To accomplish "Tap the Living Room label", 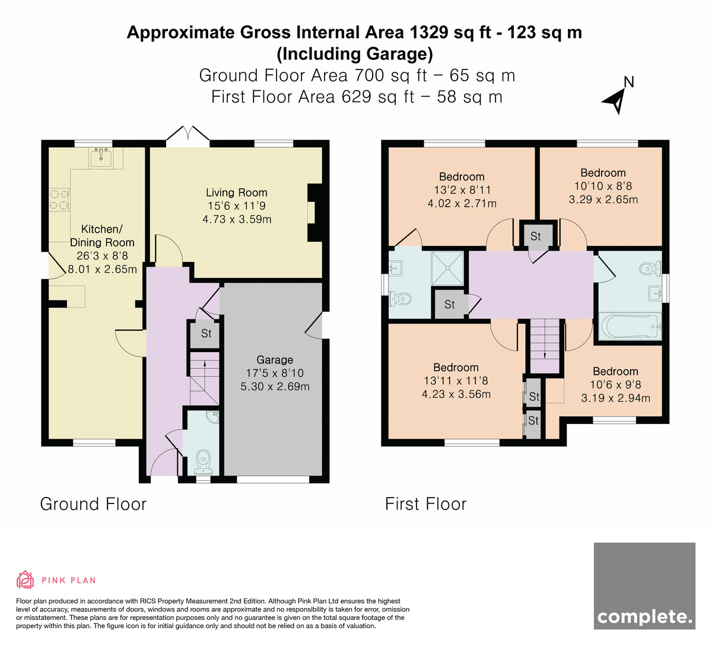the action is point(236,192).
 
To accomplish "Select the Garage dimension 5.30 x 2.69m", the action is point(275,387).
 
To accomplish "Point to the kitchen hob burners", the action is point(59,199).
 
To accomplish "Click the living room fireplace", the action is point(314,213).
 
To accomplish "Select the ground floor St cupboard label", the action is point(206,333).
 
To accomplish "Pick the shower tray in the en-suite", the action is point(447,268).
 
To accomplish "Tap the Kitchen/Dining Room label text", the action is point(102,236).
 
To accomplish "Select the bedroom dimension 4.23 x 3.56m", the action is point(456,394).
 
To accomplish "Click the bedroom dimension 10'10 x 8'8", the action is point(603,186).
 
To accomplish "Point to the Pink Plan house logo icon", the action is point(25,580).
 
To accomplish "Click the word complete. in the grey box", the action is point(644,617).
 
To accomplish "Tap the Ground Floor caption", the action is point(93,504).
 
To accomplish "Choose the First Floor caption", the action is point(425,504).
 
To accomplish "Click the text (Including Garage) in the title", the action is point(355,54).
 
